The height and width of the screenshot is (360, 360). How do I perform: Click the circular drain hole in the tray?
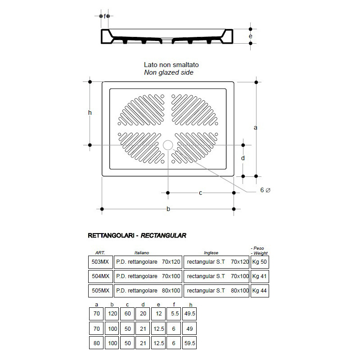(168, 145)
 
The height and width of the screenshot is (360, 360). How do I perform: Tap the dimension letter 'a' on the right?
(256, 128)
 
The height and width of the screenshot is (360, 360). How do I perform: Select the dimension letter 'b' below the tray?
(168, 209)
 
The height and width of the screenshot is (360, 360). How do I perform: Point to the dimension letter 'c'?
(200, 193)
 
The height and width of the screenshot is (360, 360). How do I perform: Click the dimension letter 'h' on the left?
(90, 113)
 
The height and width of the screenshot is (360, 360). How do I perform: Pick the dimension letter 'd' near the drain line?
(243, 158)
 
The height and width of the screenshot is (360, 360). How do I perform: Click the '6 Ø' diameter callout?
(265, 190)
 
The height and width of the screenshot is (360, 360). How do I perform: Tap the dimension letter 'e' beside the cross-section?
(250, 36)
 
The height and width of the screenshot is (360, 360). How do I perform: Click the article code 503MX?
(100, 261)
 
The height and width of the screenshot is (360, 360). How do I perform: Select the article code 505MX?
(100, 291)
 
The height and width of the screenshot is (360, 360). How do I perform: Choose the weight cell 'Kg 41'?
(260, 276)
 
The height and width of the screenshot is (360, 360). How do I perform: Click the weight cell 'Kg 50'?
(260, 261)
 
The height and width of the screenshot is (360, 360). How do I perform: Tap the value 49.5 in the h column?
(190, 313)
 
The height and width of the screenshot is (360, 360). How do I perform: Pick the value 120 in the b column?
(112, 313)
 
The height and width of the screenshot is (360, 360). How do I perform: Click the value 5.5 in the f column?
(174, 313)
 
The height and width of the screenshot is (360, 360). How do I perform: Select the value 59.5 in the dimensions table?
(190, 343)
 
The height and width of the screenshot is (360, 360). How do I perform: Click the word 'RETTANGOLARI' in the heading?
(110, 235)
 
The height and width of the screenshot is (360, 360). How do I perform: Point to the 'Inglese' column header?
(211, 253)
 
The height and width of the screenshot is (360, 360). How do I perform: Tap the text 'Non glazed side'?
(169, 72)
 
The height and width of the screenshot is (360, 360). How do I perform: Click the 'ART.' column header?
(100, 252)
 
